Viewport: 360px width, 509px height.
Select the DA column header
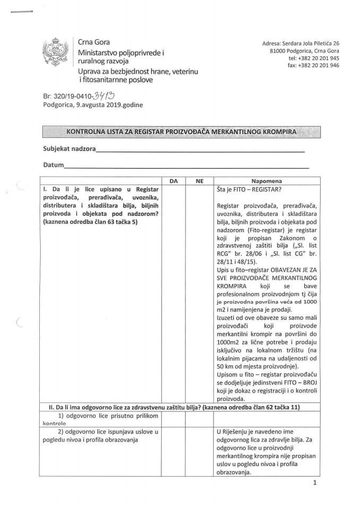(x=172, y=181)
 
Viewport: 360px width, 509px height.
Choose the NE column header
(x=199, y=181)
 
